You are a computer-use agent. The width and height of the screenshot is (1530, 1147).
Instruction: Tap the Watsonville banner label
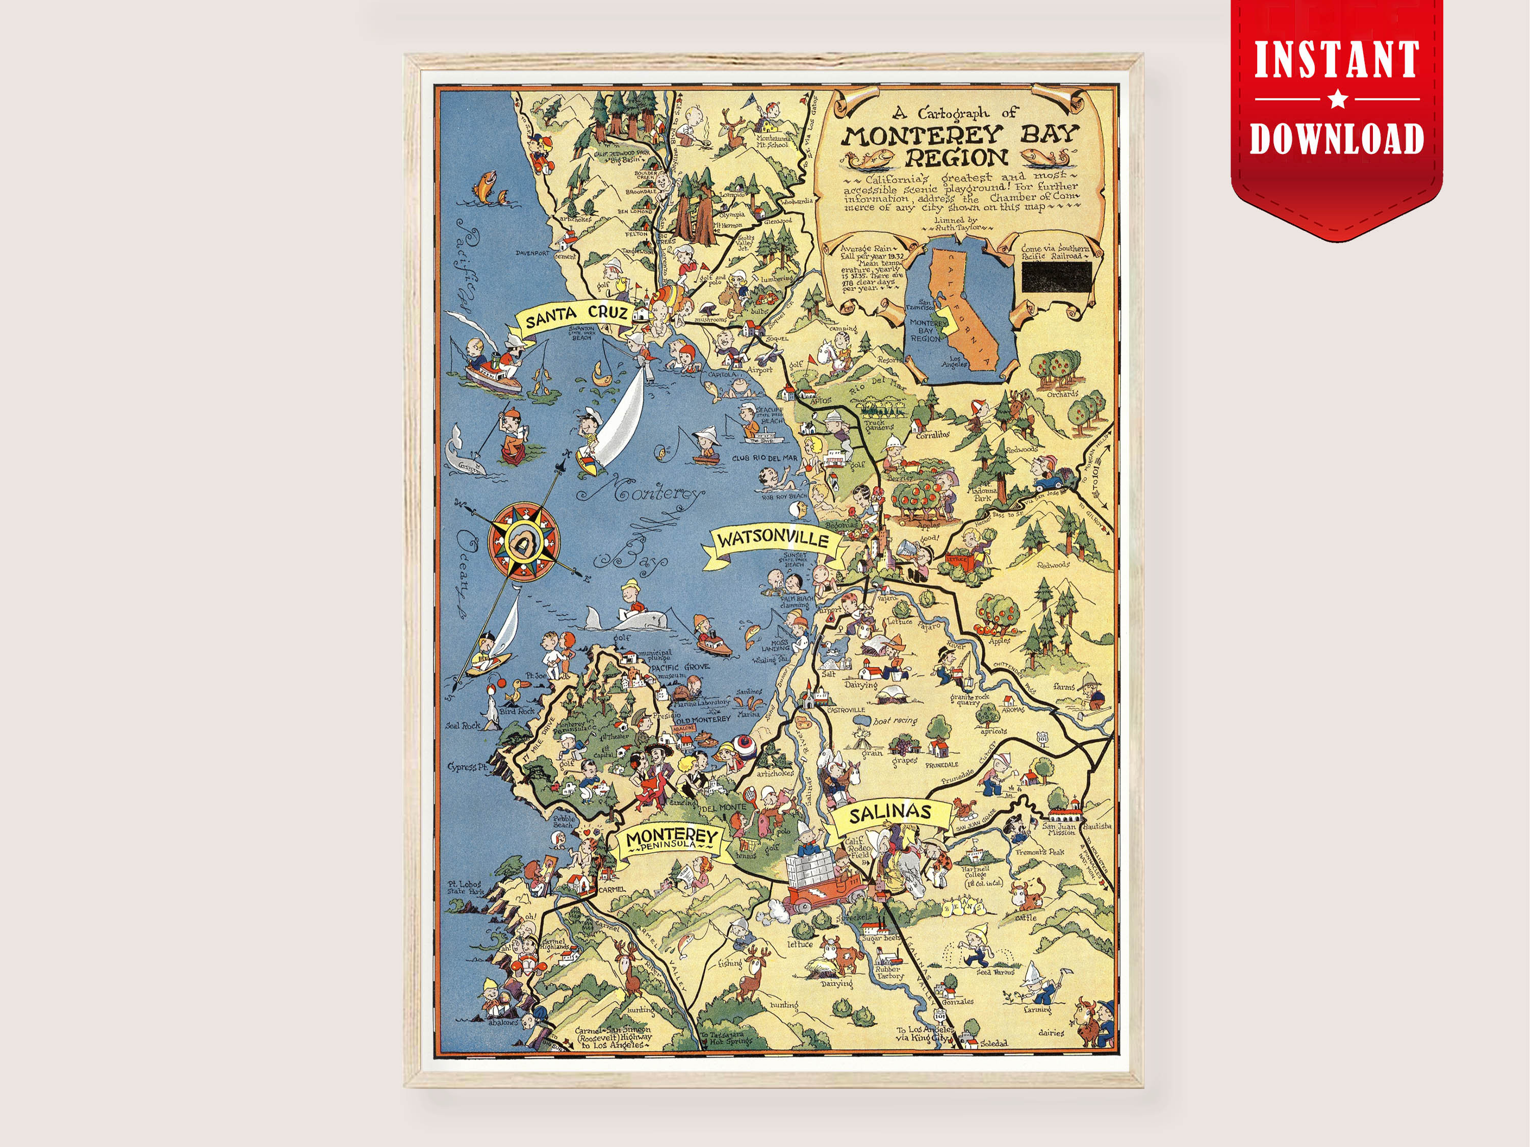coord(773,540)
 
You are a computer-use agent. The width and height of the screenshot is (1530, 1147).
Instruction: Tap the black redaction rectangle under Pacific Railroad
coord(1057,277)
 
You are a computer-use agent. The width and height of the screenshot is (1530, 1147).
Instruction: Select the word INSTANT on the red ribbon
coord(1337,61)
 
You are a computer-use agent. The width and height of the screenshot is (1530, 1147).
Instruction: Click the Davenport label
coord(532,253)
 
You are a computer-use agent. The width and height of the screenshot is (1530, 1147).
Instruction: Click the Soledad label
coord(993,1044)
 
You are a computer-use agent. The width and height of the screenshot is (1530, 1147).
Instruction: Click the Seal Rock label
coord(462,725)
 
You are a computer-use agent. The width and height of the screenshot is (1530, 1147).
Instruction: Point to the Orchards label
coord(1062,394)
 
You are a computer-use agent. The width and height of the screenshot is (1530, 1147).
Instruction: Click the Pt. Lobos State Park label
coord(463,888)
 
